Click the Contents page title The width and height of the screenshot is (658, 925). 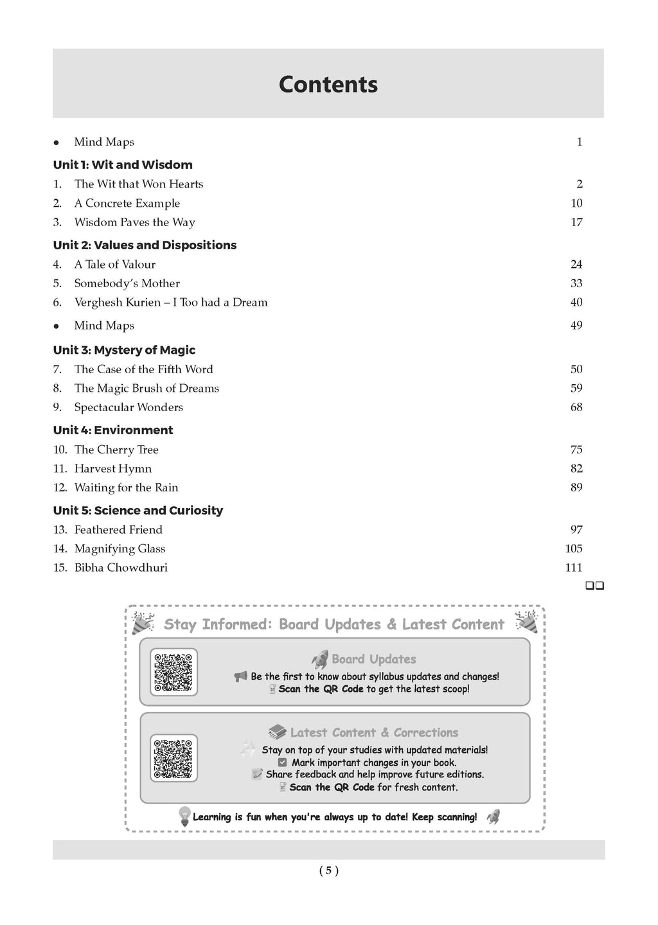(x=328, y=85)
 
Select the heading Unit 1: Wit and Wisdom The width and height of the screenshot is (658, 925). (x=123, y=165)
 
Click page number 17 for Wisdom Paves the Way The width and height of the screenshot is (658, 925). (x=576, y=223)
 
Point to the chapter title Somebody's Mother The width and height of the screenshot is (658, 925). (x=127, y=283)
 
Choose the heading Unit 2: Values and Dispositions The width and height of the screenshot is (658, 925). (x=145, y=245)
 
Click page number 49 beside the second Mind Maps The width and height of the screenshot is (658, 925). (x=576, y=326)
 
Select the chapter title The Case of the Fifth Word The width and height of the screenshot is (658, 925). (x=143, y=369)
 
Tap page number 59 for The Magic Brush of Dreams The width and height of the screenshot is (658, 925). (x=576, y=389)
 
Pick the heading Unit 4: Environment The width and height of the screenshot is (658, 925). (x=113, y=430)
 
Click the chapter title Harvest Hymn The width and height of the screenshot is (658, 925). (x=113, y=469)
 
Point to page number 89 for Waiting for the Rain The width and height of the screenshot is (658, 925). (x=576, y=488)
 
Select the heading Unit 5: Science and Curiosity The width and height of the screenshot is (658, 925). (x=138, y=511)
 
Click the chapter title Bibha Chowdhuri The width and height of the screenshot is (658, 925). (x=121, y=568)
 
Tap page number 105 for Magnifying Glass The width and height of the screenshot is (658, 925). (x=574, y=549)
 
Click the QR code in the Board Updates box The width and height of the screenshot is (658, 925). (x=173, y=672)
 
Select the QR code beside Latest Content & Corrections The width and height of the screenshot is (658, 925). (x=173, y=758)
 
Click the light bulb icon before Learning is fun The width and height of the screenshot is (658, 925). (x=184, y=816)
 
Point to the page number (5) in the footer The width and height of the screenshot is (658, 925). (x=328, y=871)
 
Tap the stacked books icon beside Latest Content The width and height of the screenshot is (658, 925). (x=277, y=732)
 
